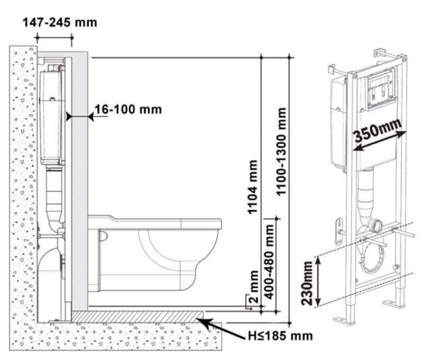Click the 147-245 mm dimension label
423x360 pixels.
tap(59, 22)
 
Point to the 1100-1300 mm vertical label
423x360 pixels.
tap(284, 151)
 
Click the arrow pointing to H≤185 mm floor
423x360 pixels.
tap(214, 324)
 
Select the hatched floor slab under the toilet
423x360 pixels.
tap(139, 316)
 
